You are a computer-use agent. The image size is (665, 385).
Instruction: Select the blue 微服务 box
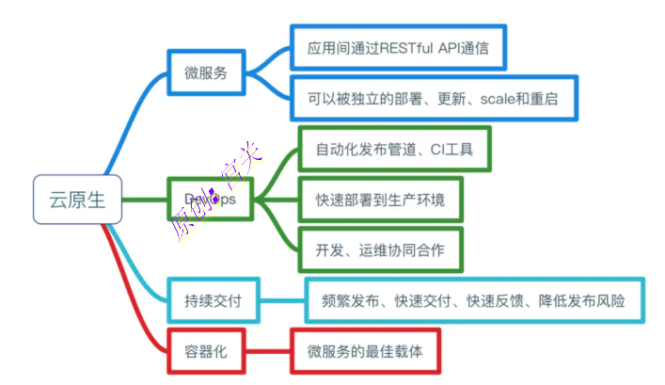[x=206, y=72]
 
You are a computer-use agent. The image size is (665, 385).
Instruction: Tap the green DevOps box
[x=210, y=199]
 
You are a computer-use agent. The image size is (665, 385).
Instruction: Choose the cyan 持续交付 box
[x=213, y=301]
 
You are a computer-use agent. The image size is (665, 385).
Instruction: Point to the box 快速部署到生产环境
[x=380, y=200]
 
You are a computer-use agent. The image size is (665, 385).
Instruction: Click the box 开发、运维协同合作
[x=380, y=250]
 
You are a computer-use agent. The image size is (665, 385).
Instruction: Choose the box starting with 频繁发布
[x=475, y=301]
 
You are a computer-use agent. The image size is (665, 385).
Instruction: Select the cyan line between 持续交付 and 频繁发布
[x=282, y=301]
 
